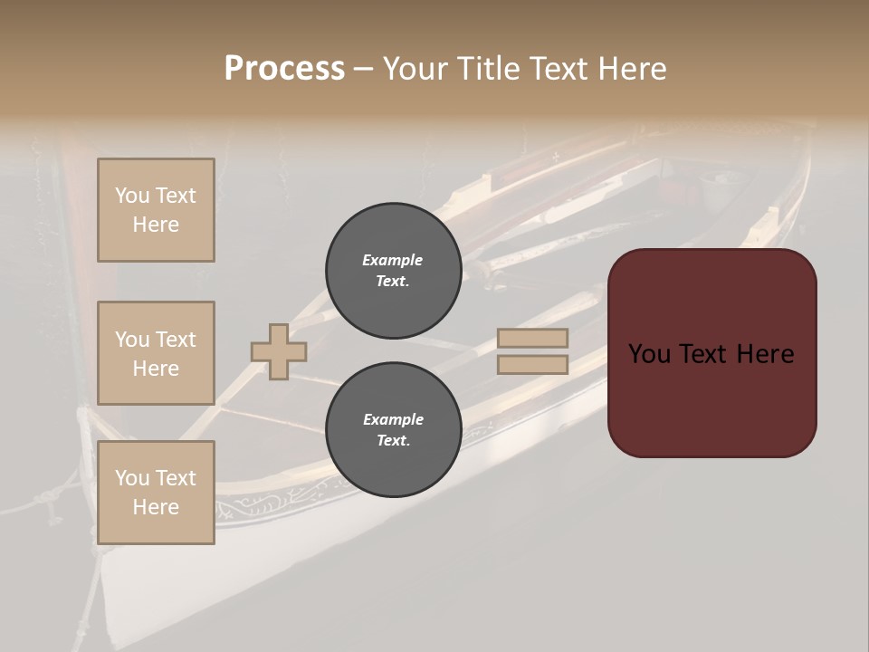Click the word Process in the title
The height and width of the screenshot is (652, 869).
284,69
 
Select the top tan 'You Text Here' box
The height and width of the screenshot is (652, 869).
156,210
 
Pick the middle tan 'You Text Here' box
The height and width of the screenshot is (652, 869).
156,353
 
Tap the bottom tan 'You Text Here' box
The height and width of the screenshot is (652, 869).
156,493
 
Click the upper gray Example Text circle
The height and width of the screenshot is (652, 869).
393,270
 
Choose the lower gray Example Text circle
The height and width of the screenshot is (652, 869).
393,429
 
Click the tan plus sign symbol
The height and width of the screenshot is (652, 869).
279,351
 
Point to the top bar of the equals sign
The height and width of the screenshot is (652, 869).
533,338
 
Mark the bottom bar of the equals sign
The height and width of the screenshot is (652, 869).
533,365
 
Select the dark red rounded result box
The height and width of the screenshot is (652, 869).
711,353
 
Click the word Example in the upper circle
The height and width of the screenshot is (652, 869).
393,260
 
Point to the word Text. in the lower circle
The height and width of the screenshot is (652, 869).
393,440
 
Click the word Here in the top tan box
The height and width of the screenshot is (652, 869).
156,225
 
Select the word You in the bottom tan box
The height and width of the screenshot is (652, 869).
131,478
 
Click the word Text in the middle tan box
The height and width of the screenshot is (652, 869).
176,340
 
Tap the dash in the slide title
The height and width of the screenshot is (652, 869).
363,69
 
